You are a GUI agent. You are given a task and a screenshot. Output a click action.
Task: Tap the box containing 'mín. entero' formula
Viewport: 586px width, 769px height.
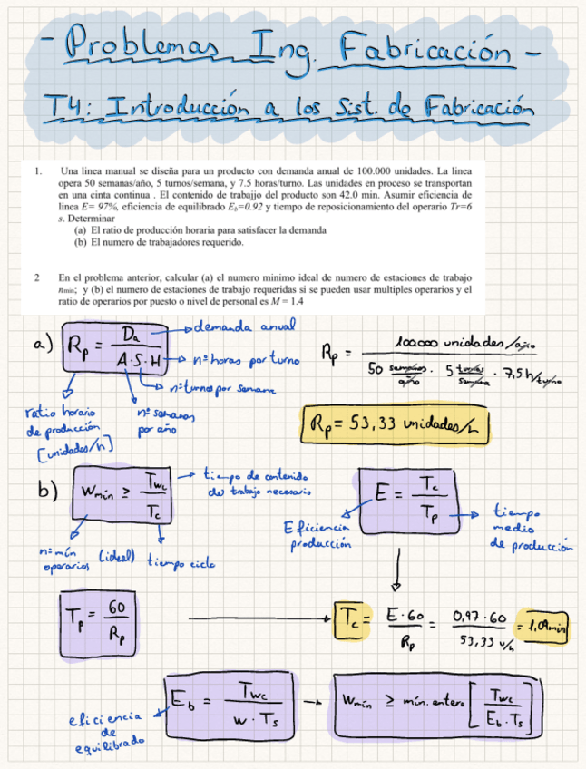[438, 704]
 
